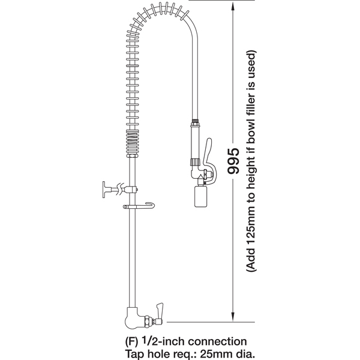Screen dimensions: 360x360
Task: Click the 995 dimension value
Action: pyautogui.click(x=233, y=160)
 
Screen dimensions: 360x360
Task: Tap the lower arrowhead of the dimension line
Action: pyautogui.click(x=233, y=317)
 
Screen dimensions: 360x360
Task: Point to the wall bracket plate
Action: pyautogui.click(x=104, y=190)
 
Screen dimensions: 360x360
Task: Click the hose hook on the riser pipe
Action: pyautogui.click(x=139, y=206)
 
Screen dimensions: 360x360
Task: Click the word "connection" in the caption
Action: pyautogui.click(x=217, y=341)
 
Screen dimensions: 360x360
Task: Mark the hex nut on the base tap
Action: pyautogui.click(x=147, y=321)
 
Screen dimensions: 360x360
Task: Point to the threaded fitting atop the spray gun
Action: pyautogui.click(x=196, y=121)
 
